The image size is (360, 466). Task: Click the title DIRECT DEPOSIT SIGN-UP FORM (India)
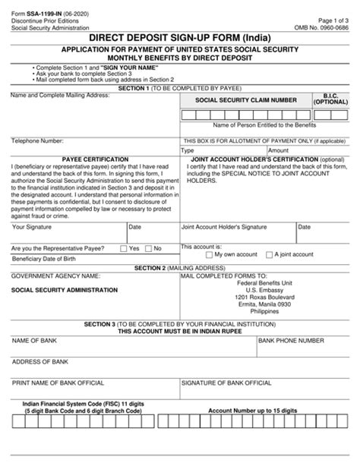pos(179,36)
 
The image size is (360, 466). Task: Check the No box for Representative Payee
pos(149,248)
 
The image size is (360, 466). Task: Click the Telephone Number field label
pos(37,141)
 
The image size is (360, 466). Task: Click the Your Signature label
pos(33,227)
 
